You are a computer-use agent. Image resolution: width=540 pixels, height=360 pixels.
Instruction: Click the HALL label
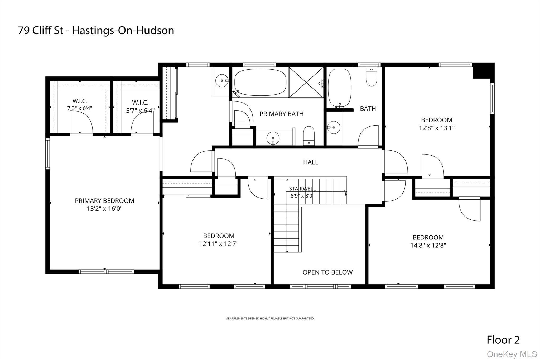(x=311, y=162)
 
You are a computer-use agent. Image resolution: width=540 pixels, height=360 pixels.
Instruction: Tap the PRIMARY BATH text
(x=281, y=114)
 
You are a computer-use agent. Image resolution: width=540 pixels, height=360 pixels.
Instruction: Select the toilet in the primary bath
(x=309, y=136)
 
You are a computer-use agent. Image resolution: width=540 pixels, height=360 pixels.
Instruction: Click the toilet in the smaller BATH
(x=372, y=76)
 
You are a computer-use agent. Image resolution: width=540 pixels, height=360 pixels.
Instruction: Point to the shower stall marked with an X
(x=306, y=82)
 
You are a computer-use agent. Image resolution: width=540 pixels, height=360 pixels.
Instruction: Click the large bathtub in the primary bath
(x=260, y=82)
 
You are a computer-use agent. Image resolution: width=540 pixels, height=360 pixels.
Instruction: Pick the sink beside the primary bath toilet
(x=273, y=138)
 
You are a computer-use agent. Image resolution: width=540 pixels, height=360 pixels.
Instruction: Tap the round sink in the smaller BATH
(x=334, y=127)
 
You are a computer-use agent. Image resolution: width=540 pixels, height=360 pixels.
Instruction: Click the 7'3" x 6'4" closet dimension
(x=80, y=108)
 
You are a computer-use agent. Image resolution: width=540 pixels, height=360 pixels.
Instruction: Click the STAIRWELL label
(x=302, y=189)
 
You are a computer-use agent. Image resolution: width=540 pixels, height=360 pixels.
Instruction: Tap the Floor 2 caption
(x=503, y=340)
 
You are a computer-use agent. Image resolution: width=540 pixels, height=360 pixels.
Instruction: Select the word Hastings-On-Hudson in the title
(x=123, y=31)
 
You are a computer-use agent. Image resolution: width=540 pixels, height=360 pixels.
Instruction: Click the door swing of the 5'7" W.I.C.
(x=142, y=124)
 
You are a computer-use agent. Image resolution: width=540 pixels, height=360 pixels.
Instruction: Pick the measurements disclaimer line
(x=270, y=319)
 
